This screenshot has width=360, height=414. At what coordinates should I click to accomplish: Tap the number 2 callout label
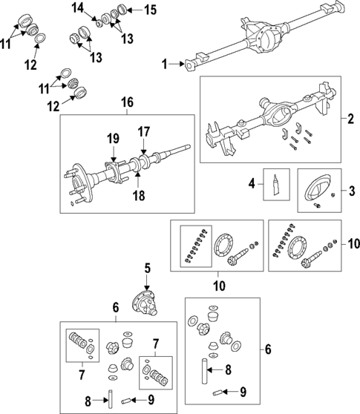click(350, 119)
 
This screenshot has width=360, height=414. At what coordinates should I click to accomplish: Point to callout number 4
click(252, 183)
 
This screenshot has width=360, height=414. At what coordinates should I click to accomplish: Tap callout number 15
click(130, 10)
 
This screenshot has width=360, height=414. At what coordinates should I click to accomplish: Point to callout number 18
click(138, 194)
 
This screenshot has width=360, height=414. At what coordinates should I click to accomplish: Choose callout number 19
click(112, 138)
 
